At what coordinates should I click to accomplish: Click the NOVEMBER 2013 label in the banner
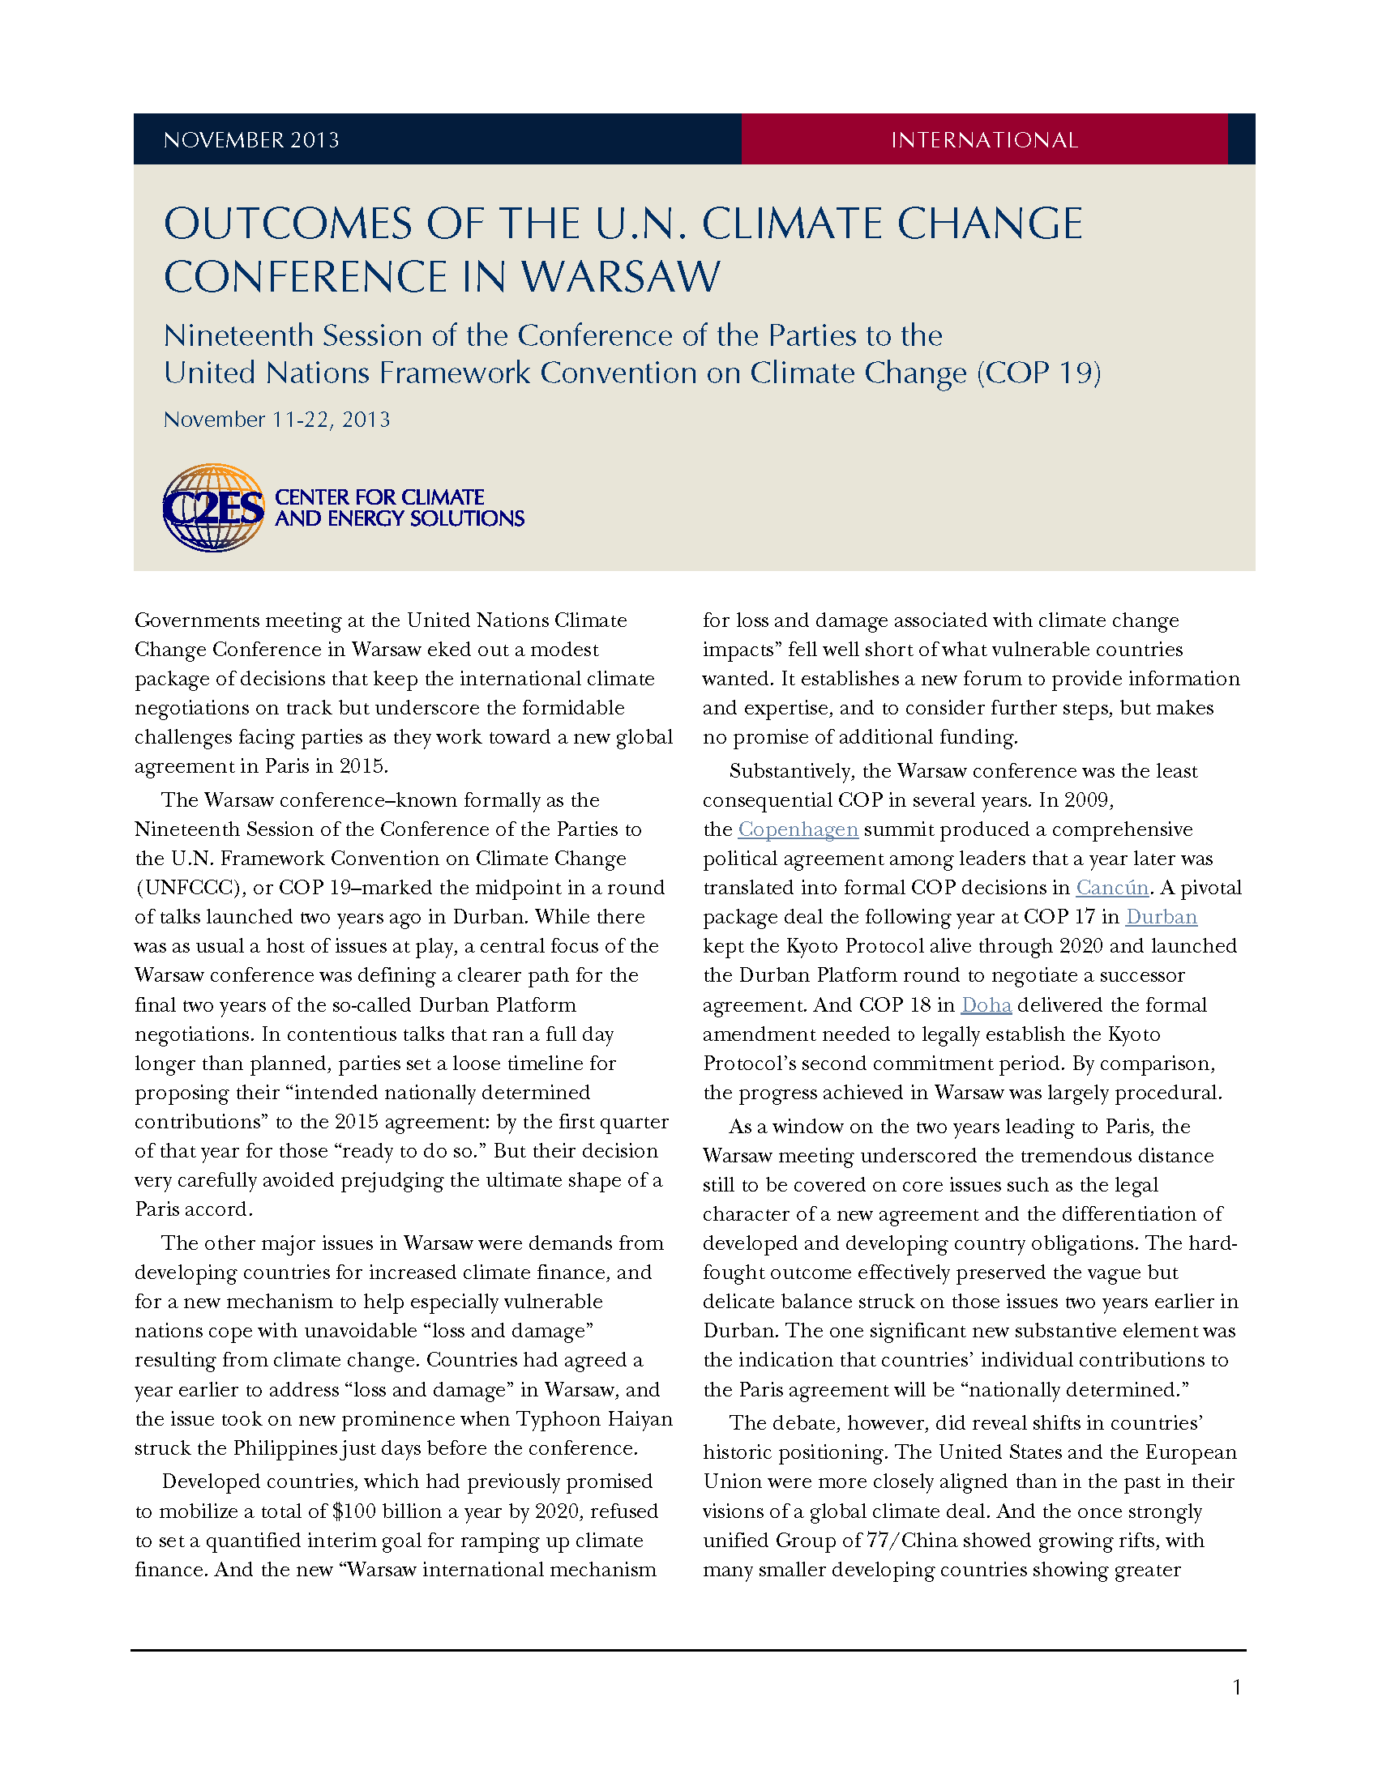pos(250,140)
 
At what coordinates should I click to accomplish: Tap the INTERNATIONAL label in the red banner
pos(984,140)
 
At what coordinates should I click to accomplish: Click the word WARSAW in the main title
pos(620,276)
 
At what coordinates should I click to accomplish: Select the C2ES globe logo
pos(213,508)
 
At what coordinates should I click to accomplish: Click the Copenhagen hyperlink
pos(798,829)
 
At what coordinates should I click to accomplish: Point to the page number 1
pos(1237,1687)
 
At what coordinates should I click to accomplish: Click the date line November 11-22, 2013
pos(276,420)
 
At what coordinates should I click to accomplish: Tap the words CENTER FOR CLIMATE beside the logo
pos(379,497)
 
